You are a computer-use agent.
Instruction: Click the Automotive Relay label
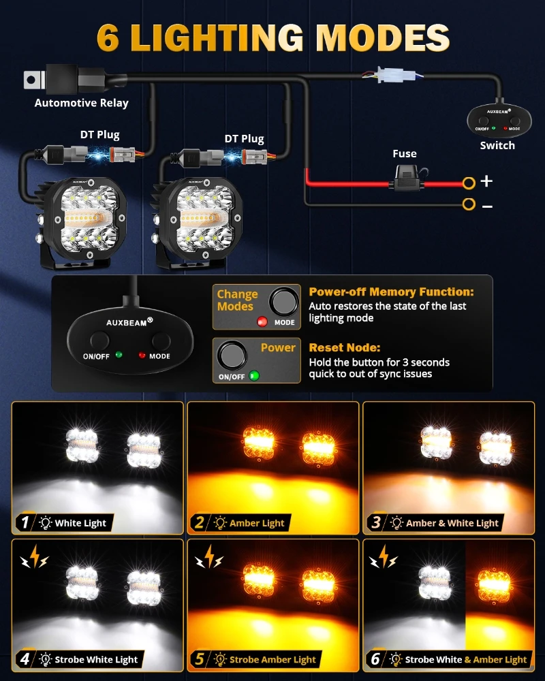click(x=81, y=103)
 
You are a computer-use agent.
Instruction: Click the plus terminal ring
click(x=469, y=183)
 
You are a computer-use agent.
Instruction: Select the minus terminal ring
click(x=469, y=204)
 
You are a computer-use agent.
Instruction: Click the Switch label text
click(x=497, y=145)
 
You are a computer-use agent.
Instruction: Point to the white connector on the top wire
click(x=395, y=74)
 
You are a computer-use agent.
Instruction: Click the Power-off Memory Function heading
click(x=391, y=291)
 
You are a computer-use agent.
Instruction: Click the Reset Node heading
click(x=345, y=347)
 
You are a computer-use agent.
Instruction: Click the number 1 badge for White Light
click(x=25, y=523)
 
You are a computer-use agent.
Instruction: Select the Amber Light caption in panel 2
click(x=257, y=523)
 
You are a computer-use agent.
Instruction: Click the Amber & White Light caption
click(x=452, y=523)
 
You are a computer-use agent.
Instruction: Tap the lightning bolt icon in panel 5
click(x=208, y=558)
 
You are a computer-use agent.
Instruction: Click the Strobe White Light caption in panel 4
click(x=96, y=659)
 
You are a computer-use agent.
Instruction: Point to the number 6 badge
click(x=375, y=659)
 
